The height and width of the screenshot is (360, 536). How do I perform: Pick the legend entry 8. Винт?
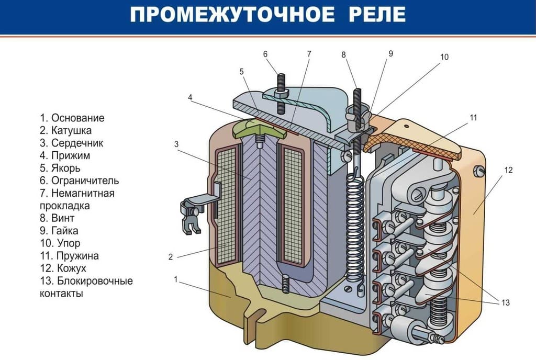[x=57, y=218]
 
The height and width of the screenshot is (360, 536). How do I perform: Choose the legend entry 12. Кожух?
[x=63, y=268]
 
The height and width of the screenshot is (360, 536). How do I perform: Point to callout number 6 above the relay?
[x=265, y=54]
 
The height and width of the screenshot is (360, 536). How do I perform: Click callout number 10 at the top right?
[x=444, y=57]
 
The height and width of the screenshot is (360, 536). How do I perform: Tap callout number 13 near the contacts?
[x=505, y=302]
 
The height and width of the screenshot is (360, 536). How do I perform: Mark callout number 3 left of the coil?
[x=176, y=143]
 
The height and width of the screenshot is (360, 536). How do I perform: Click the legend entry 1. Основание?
[x=72, y=118]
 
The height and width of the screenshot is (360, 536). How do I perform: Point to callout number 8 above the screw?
[x=343, y=54]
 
